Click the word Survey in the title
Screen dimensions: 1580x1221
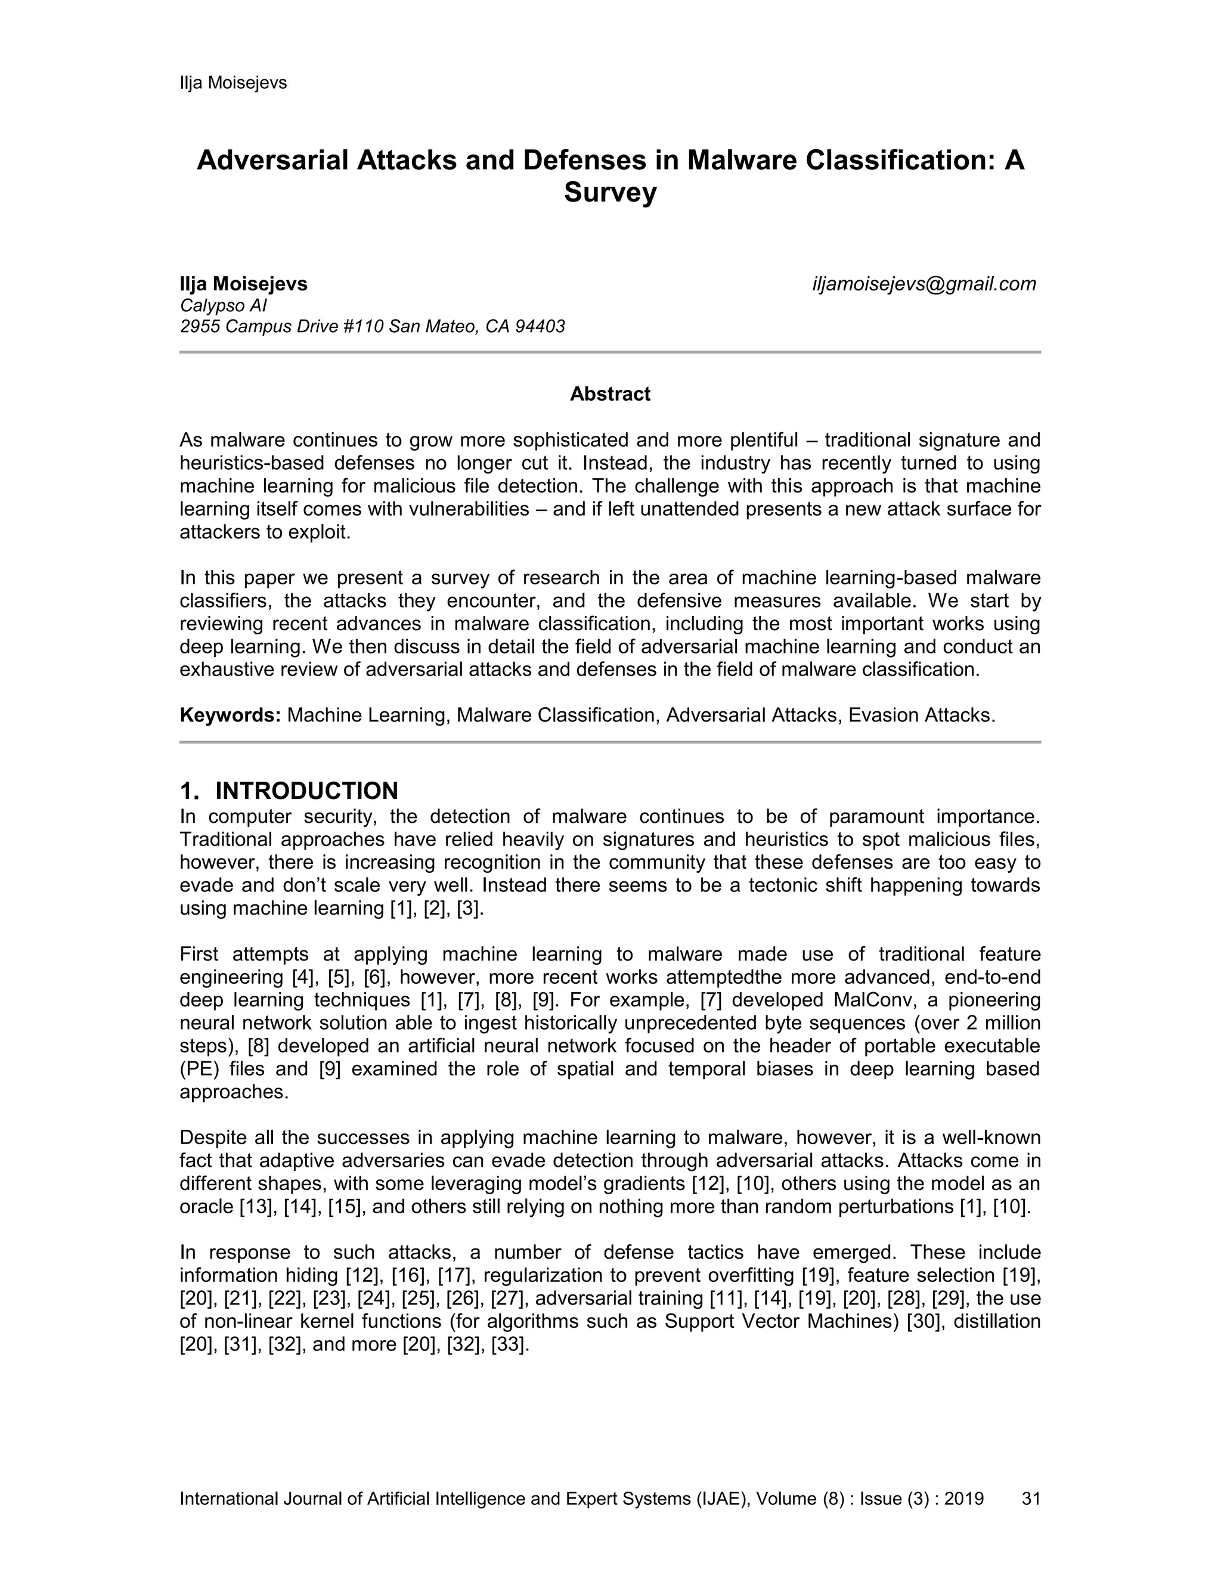(x=610, y=193)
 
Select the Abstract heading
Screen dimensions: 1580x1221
(x=610, y=394)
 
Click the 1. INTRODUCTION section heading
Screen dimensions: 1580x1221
(x=289, y=790)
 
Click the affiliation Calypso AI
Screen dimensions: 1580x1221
(x=224, y=305)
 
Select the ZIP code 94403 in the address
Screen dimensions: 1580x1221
(x=540, y=327)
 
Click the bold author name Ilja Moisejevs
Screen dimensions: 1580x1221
(x=243, y=284)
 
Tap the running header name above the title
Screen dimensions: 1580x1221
(x=233, y=83)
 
